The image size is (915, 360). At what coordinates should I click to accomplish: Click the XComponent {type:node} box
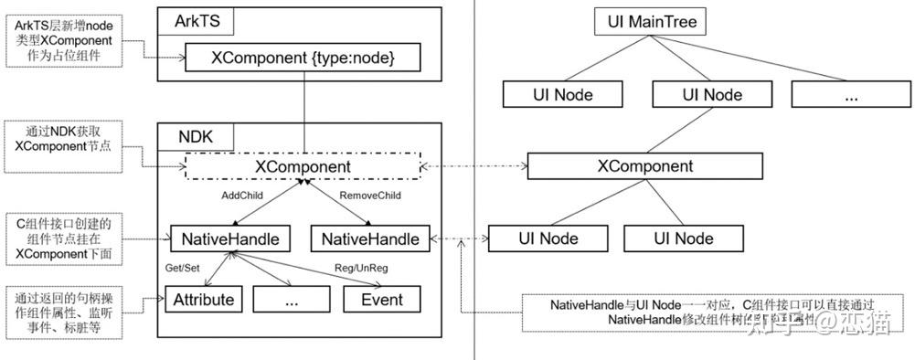tap(303, 59)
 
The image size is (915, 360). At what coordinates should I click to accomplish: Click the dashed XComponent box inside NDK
tap(303, 167)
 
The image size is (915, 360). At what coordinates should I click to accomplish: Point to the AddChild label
tap(245, 196)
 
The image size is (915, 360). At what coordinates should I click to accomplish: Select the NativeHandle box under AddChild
tap(231, 238)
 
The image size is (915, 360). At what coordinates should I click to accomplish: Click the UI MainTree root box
tap(650, 21)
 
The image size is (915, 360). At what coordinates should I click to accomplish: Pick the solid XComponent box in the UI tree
tap(644, 166)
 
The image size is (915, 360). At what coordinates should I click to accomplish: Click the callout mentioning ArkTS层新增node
tap(62, 40)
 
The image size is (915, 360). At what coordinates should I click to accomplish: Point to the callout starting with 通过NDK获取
tap(62, 138)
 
